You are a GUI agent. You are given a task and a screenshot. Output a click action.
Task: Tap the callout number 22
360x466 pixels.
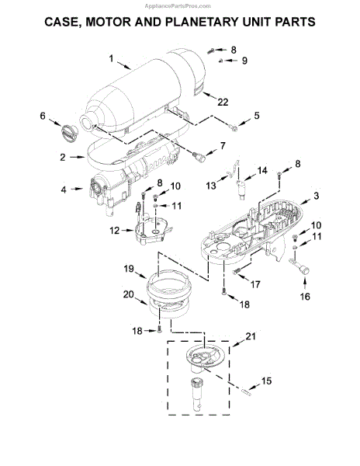[223, 102]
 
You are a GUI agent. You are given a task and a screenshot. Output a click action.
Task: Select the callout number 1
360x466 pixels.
[111, 58]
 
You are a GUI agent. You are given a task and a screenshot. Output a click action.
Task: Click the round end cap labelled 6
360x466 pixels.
[70, 134]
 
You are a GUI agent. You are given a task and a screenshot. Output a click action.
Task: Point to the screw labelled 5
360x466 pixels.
[234, 128]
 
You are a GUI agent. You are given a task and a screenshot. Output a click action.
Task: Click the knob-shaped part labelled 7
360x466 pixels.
[199, 157]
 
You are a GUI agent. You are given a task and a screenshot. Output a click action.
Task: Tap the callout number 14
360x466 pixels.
[262, 171]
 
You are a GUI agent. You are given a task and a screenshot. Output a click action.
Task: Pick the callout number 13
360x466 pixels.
[211, 186]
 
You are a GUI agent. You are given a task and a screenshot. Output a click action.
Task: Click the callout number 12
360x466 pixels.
[115, 231]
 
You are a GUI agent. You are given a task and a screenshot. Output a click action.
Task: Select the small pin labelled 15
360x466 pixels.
[247, 392]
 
